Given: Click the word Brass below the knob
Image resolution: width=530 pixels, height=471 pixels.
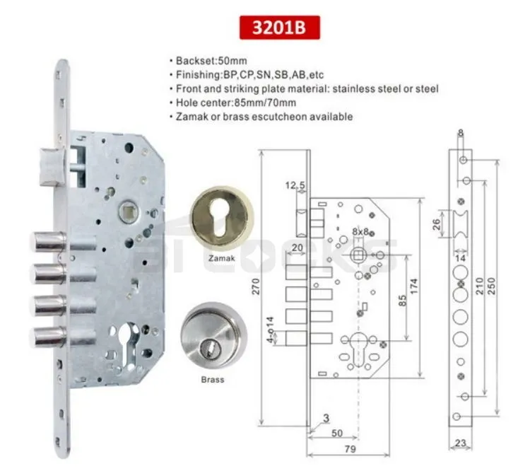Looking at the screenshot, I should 211,380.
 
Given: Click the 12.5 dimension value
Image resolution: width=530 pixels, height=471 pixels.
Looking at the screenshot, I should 295,185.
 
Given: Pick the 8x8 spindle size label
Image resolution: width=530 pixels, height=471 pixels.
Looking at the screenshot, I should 361,231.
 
